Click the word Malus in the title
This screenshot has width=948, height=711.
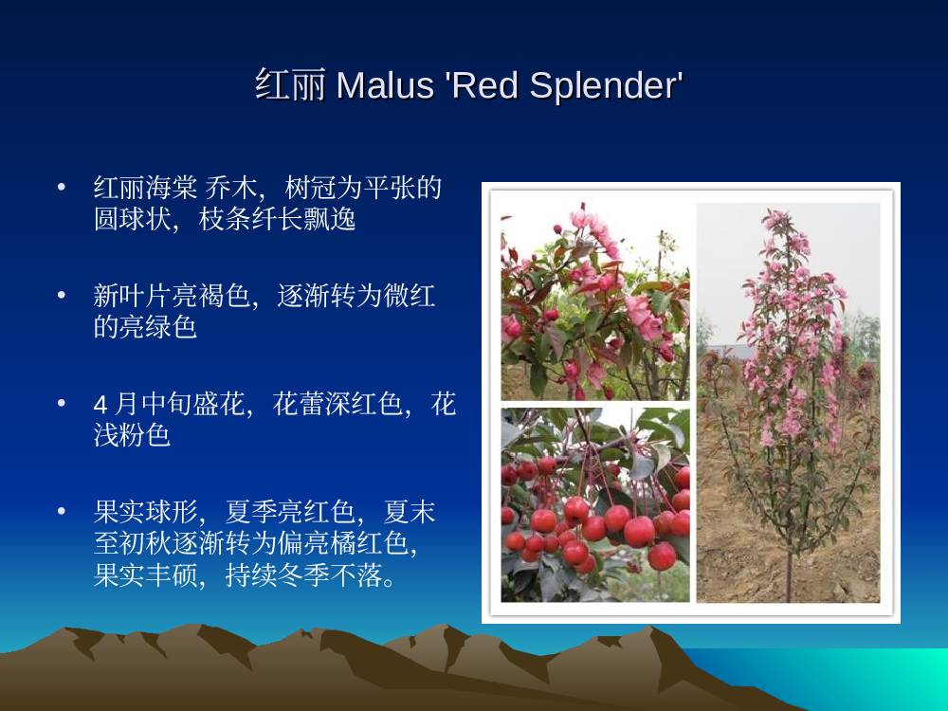pyautogui.click(x=385, y=85)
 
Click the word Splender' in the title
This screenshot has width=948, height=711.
pyautogui.click(x=607, y=86)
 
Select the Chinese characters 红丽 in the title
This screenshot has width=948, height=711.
pyautogui.click(x=290, y=84)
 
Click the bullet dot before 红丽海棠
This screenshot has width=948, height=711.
pyautogui.click(x=61, y=188)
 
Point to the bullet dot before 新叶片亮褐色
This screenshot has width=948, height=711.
pyautogui.click(x=61, y=296)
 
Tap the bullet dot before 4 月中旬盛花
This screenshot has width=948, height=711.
pyautogui.click(x=61, y=403)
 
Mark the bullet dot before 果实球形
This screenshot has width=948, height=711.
pyautogui.click(x=61, y=512)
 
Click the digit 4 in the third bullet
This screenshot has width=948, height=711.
pyautogui.click(x=100, y=405)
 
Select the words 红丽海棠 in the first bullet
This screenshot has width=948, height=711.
pyautogui.click(x=146, y=188)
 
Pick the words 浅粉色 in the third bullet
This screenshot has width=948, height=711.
pyautogui.click(x=133, y=435)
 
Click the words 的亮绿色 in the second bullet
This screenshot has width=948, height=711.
pyautogui.click(x=146, y=327)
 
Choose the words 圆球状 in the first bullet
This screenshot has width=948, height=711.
pyautogui.click(x=133, y=219)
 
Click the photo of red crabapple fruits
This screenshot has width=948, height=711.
pyautogui.click(x=595, y=504)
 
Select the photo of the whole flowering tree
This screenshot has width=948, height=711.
pyautogui.click(x=789, y=402)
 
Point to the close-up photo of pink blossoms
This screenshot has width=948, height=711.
pyautogui.click(x=595, y=301)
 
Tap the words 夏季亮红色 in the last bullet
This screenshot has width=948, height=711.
pyautogui.click(x=290, y=512)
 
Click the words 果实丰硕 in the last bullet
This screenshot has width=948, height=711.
pyautogui.click(x=146, y=575)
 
